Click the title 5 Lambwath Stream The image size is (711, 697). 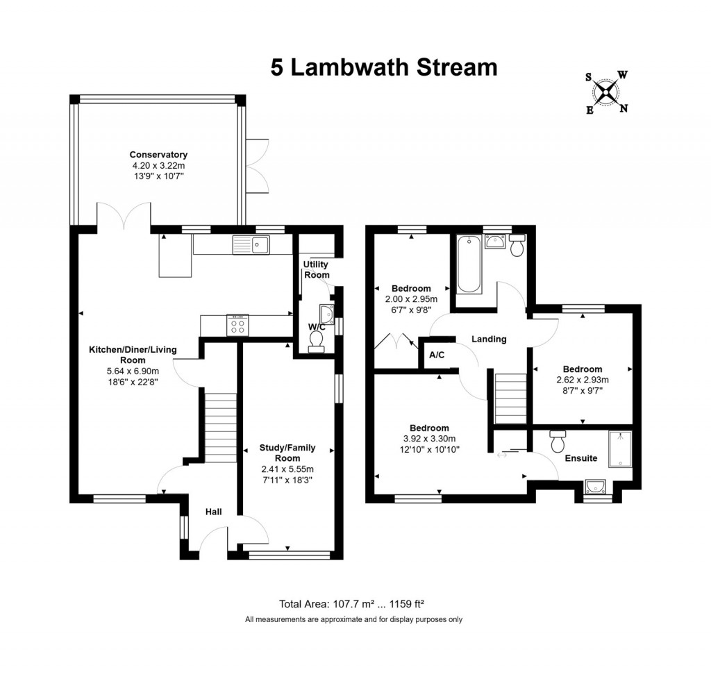tap(384, 67)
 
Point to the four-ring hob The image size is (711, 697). tap(237, 325)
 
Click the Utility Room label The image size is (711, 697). tap(316, 269)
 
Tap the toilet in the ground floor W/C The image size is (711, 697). tap(317, 341)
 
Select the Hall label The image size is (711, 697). tap(213, 512)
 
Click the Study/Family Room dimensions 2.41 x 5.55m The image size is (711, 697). tap(287, 469)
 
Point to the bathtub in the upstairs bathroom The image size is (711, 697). tap(467, 264)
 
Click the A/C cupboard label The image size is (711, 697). tap(437, 355)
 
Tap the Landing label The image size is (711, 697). tap(489, 339)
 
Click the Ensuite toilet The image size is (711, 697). tap(557, 440)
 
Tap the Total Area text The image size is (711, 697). tap(356, 603)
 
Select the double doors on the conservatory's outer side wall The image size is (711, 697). tap(258, 166)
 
